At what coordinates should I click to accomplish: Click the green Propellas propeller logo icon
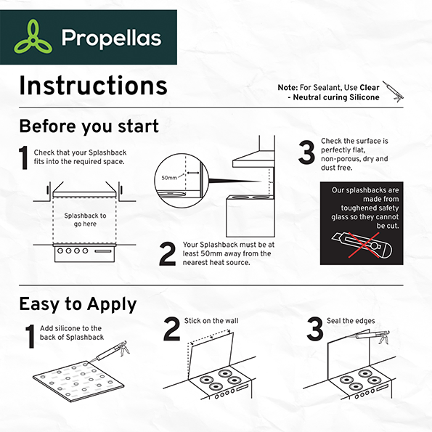[33, 37]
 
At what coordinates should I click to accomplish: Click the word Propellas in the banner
[111, 38]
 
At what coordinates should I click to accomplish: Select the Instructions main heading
[93, 86]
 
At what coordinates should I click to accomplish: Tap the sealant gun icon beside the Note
[393, 91]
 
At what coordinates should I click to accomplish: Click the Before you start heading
[89, 126]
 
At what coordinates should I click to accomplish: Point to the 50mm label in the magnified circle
[169, 178]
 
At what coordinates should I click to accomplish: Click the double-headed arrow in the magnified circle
[193, 173]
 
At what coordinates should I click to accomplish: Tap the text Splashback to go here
[85, 220]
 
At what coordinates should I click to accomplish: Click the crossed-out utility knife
[362, 245]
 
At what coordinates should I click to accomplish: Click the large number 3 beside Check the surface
[306, 152]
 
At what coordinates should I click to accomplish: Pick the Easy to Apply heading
[78, 304]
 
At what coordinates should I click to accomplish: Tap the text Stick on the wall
[211, 321]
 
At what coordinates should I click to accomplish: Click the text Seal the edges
[351, 321]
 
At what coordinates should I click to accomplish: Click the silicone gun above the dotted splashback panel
[110, 352]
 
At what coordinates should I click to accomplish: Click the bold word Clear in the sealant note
[370, 88]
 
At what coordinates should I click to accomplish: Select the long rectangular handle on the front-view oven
[103, 251]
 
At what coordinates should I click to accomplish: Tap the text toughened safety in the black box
[370, 208]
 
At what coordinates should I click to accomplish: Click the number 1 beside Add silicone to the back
[30, 336]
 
